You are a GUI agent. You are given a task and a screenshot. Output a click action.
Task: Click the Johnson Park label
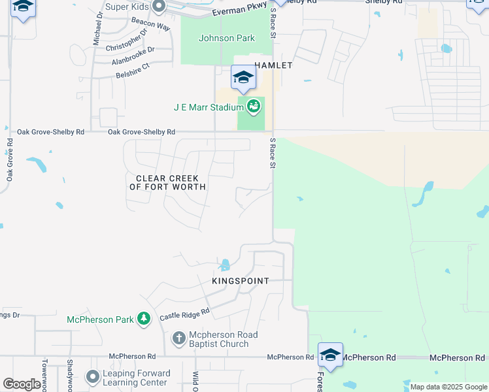point(226,39)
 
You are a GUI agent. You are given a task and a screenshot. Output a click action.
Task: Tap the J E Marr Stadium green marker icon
point(254,106)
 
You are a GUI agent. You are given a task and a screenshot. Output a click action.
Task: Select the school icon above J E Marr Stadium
point(244,78)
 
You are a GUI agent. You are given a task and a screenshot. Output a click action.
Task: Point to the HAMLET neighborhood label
point(273,66)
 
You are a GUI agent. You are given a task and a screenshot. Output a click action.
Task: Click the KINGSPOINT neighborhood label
point(241,281)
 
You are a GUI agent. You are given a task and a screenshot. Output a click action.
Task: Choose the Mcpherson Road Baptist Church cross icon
point(178,338)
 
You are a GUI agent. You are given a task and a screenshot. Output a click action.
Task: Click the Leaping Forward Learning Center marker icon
point(92,377)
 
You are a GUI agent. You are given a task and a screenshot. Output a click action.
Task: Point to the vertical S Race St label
point(271,154)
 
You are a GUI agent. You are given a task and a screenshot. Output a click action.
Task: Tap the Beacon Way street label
point(150,25)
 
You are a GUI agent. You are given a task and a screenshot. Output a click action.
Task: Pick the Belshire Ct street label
point(133,65)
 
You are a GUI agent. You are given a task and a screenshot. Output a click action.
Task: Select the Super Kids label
point(128,8)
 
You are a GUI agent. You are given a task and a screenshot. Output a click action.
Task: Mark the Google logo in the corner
point(22,384)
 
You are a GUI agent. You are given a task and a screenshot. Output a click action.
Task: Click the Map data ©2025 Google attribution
point(448,387)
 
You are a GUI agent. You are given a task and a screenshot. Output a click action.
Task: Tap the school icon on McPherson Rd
point(330,355)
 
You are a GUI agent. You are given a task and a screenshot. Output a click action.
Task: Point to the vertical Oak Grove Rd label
point(10,163)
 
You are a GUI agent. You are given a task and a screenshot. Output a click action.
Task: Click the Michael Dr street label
point(97,27)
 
